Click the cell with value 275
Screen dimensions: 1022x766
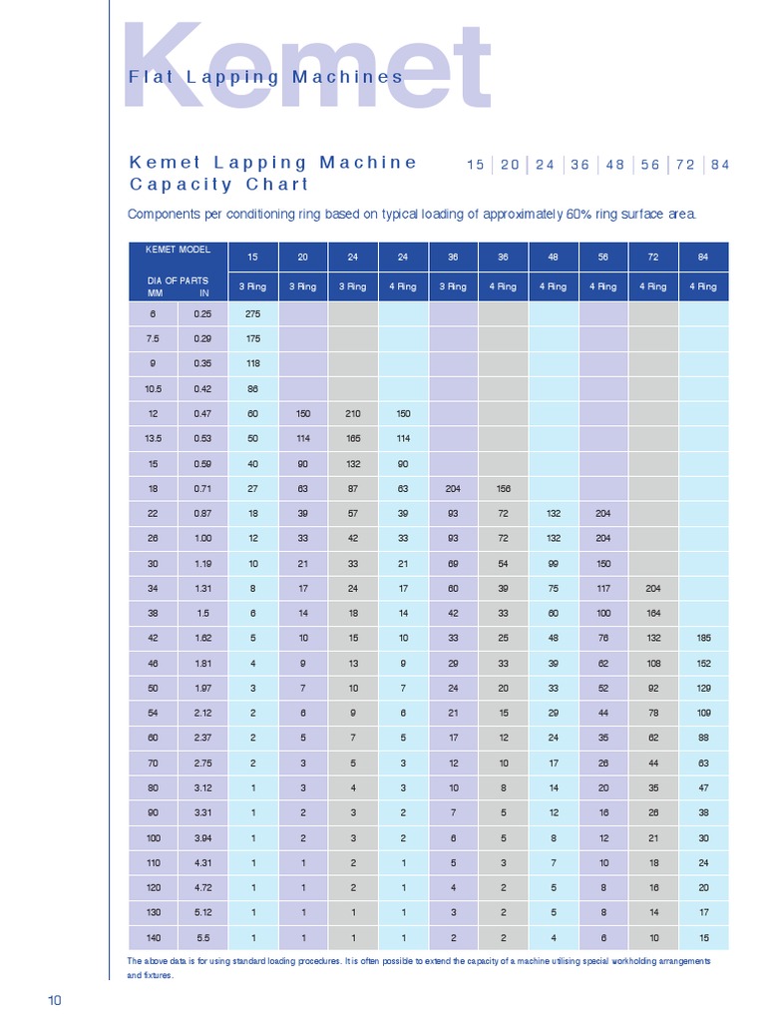click(x=253, y=313)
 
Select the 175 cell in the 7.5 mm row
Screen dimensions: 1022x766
click(x=253, y=339)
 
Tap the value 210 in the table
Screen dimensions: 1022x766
click(x=353, y=413)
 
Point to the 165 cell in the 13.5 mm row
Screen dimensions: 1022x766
click(x=353, y=438)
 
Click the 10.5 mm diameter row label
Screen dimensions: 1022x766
click(x=154, y=388)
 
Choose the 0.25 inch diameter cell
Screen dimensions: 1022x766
click(x=203, y=313)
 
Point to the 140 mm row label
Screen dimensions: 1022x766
click(x=154, y=937)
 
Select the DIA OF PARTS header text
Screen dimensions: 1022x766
click(x=178, y=280)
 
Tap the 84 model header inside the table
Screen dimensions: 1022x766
click(x=703, y=256)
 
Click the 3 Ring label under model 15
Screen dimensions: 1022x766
click(x=253, y=286)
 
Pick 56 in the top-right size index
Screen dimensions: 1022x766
click(x=650, y=165)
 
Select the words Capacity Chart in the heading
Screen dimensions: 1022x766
click(x=219, y=185)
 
